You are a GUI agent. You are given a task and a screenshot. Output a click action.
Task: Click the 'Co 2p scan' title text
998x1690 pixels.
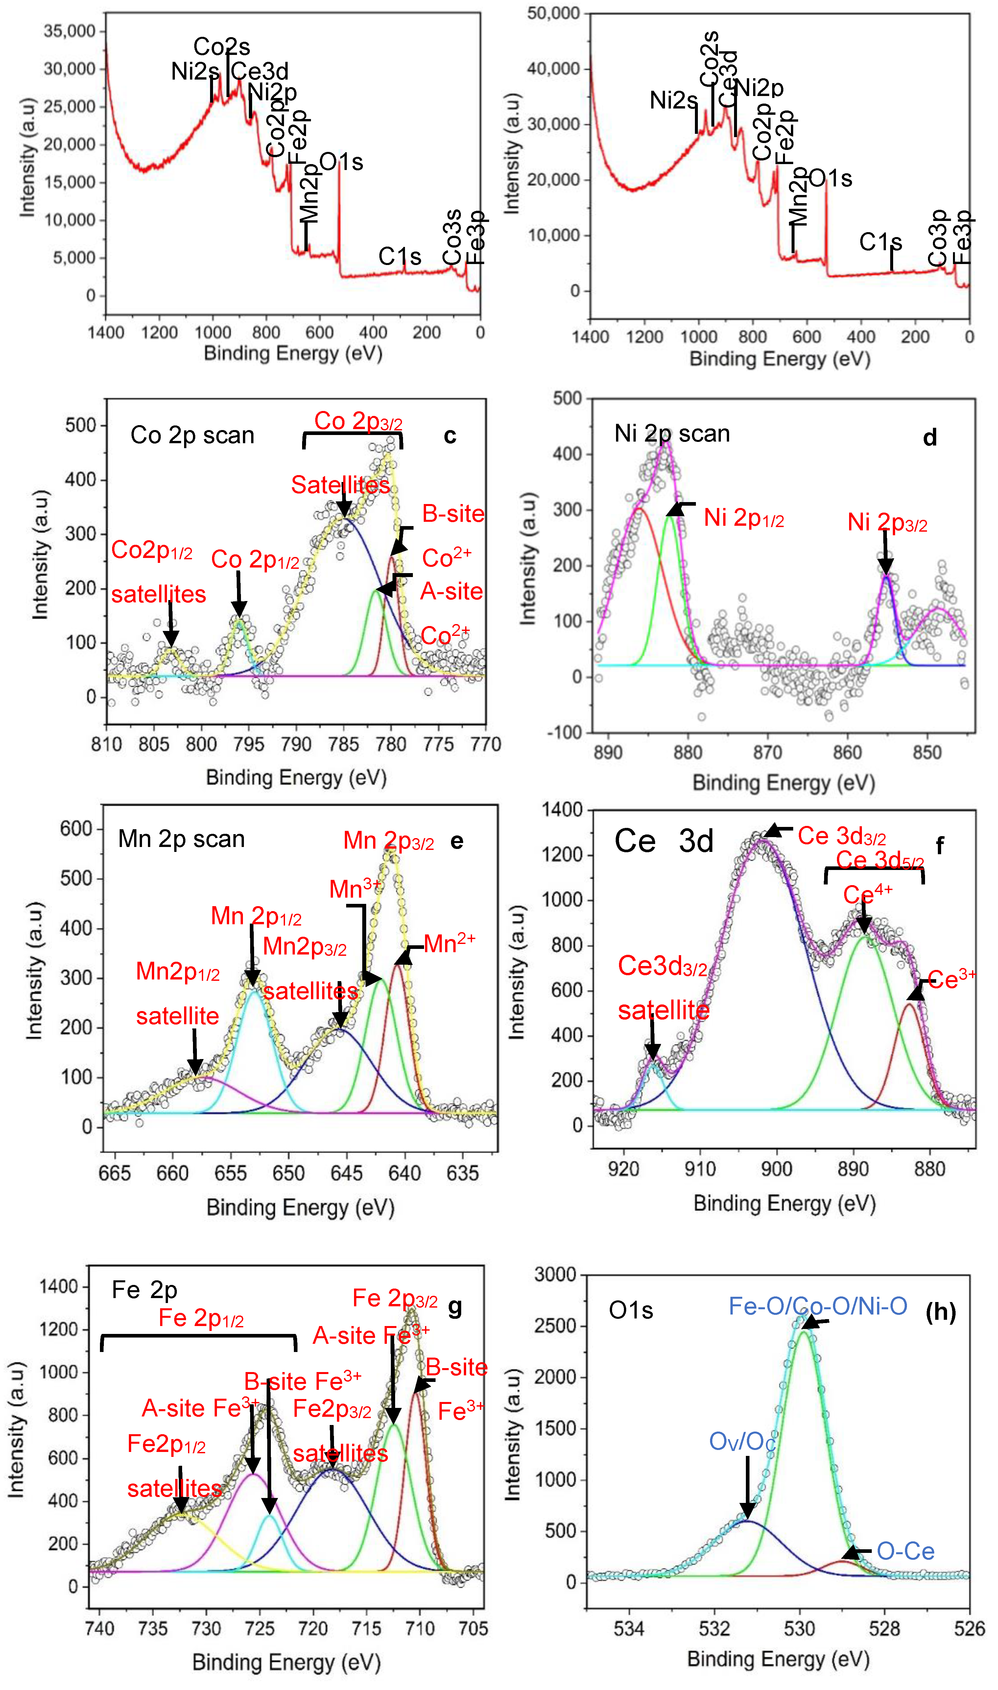tap(192, 436)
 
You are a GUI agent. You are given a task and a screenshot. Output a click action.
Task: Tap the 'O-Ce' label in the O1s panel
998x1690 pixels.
tap(905, 1552)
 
